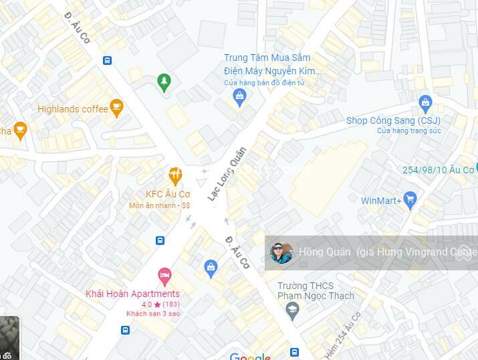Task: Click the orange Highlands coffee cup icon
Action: pyautogui.click(x=117, y=107)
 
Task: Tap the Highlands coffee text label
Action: pyautogui.click(x=72, y=109)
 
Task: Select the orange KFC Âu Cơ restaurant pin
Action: pyautogui.click(x=175, y=176)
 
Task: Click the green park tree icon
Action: pyautogui.click(x=164, y=82)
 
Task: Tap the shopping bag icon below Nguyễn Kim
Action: pyautogui.click(x=239, y=98)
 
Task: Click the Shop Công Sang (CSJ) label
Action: pyautogui.click(x=393, y=120)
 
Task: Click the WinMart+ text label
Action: pyautogui.click(x=381, y=200)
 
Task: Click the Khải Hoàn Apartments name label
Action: pyautogui.click(x=132, y=294)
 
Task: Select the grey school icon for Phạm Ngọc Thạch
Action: pyautogui.click(x=291, y=309)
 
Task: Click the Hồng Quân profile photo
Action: pyautogui.click(x=281, y=253)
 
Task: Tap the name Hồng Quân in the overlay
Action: pyautogui.click(x=324, y=252)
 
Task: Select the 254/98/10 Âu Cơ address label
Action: pyautogui.click(x=437, y=170)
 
